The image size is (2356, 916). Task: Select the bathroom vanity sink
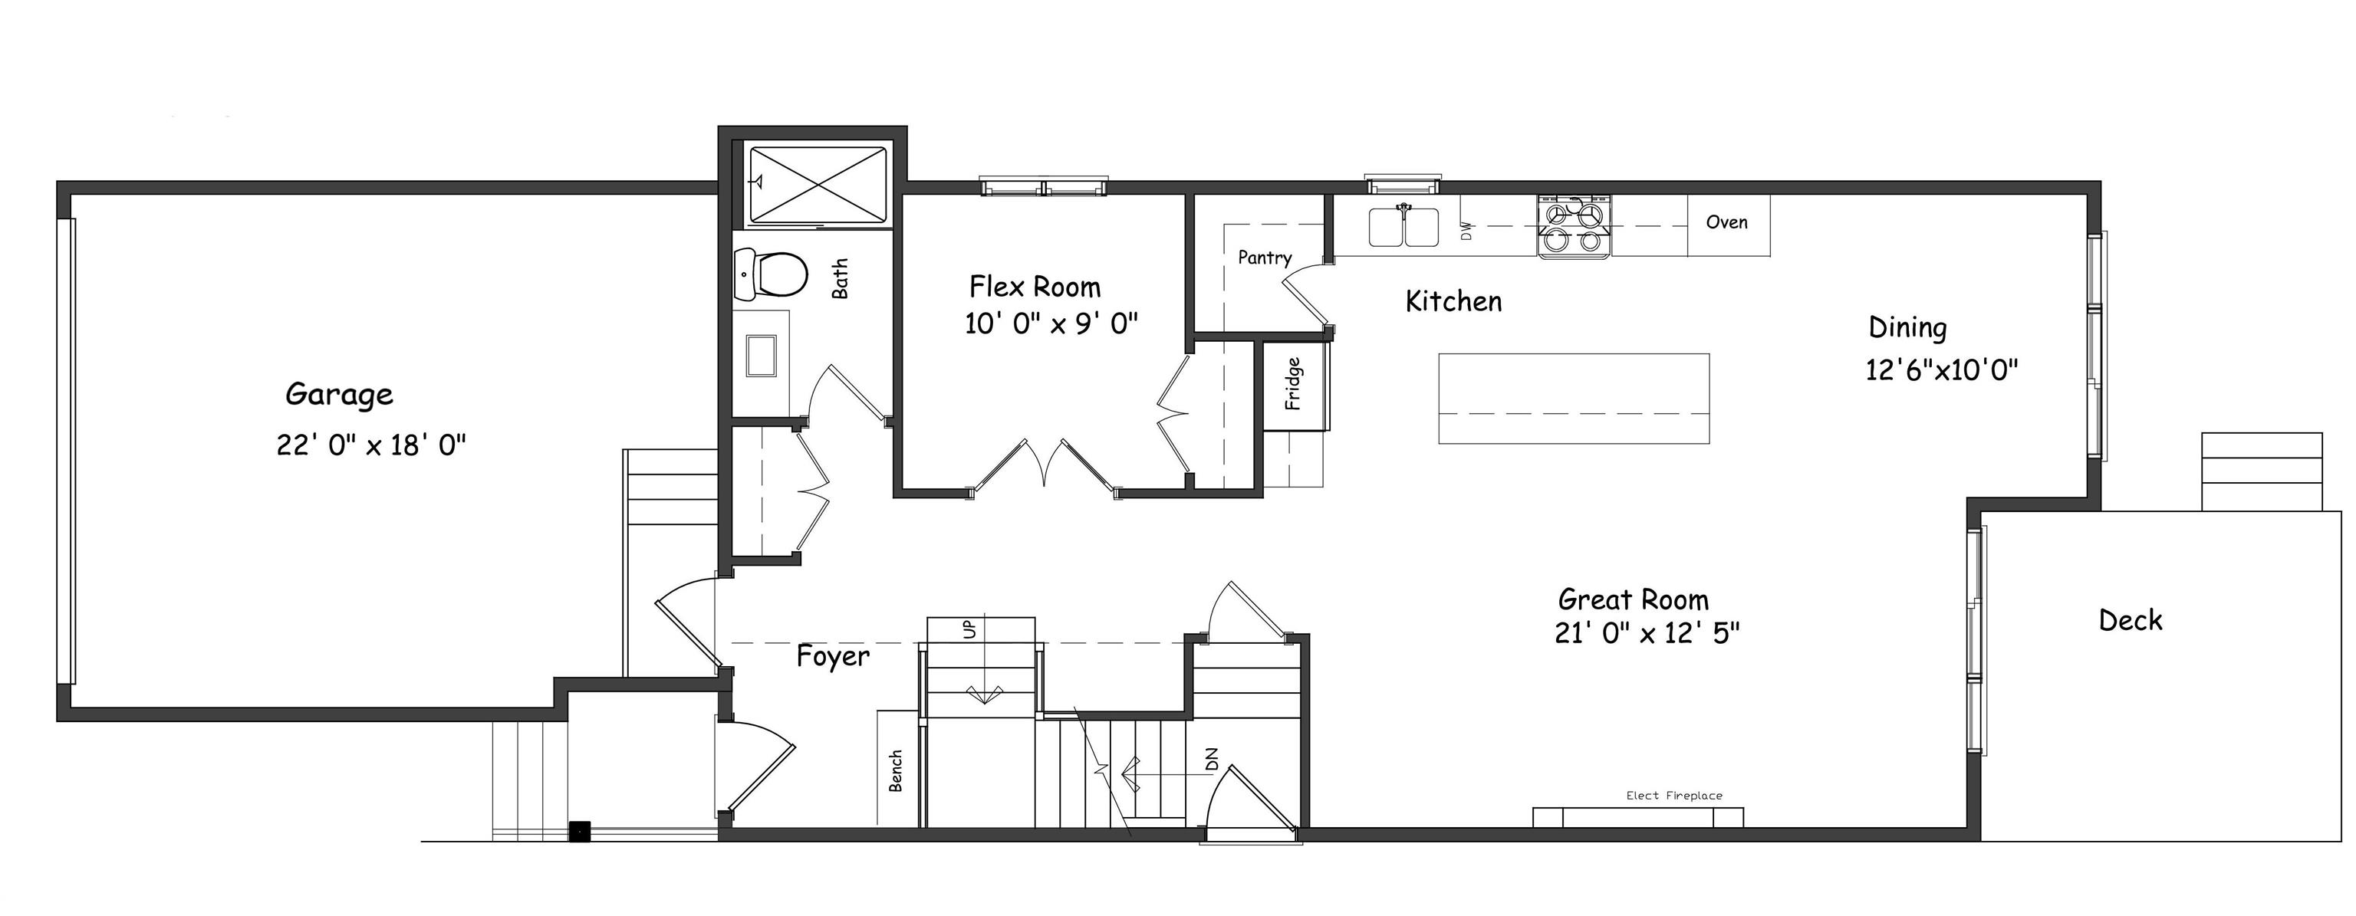(x=761, y=355)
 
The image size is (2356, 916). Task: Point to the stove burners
(x=1573, y=228)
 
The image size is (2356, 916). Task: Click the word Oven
(x=1727, y=222)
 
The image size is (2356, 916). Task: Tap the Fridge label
(x=1293, y=384)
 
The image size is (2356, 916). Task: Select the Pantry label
(x=1264, y=258)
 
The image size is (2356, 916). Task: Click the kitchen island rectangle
(x=1573, y=398)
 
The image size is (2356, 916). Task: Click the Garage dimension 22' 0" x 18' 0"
(x=371, y=445)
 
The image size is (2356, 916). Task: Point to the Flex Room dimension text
(x=1051, y=323)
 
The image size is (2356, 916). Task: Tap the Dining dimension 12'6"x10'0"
(x=1942, y=370)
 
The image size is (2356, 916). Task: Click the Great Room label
(x=1633, y=599)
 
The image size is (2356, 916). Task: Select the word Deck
(x=2130, y=621)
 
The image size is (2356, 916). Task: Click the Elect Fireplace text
(x=1673, y=796)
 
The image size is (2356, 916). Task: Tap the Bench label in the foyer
(x=897, y=770)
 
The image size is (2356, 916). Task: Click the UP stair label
(x=969, y=629)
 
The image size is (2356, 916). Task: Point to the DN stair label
(x=1212, y=759)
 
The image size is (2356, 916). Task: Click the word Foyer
(x=832, y=656)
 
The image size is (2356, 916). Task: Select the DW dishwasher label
(x=1467, y=231)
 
